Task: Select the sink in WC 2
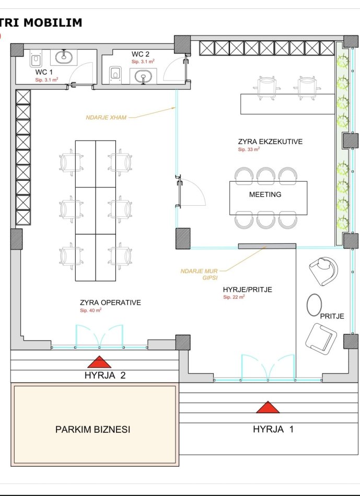pos(143,76)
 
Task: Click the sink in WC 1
pos(64,57)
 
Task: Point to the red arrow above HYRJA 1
pos(268,407)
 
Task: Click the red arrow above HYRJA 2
pos(99,362)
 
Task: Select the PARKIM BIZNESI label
pos(93,429)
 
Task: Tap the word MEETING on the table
pos(265,194)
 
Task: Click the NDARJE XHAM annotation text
pos(106,117)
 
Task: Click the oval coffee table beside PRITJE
pos(314,305)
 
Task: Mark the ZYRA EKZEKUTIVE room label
pos(271,141)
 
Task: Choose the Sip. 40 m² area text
pos(90,311)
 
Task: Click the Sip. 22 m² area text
pos(234,297)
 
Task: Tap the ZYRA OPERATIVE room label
pos(110,302)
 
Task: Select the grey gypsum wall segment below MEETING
pos(267,246)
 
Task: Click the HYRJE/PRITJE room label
pos(247,289)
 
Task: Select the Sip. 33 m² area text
pos(249,149)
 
